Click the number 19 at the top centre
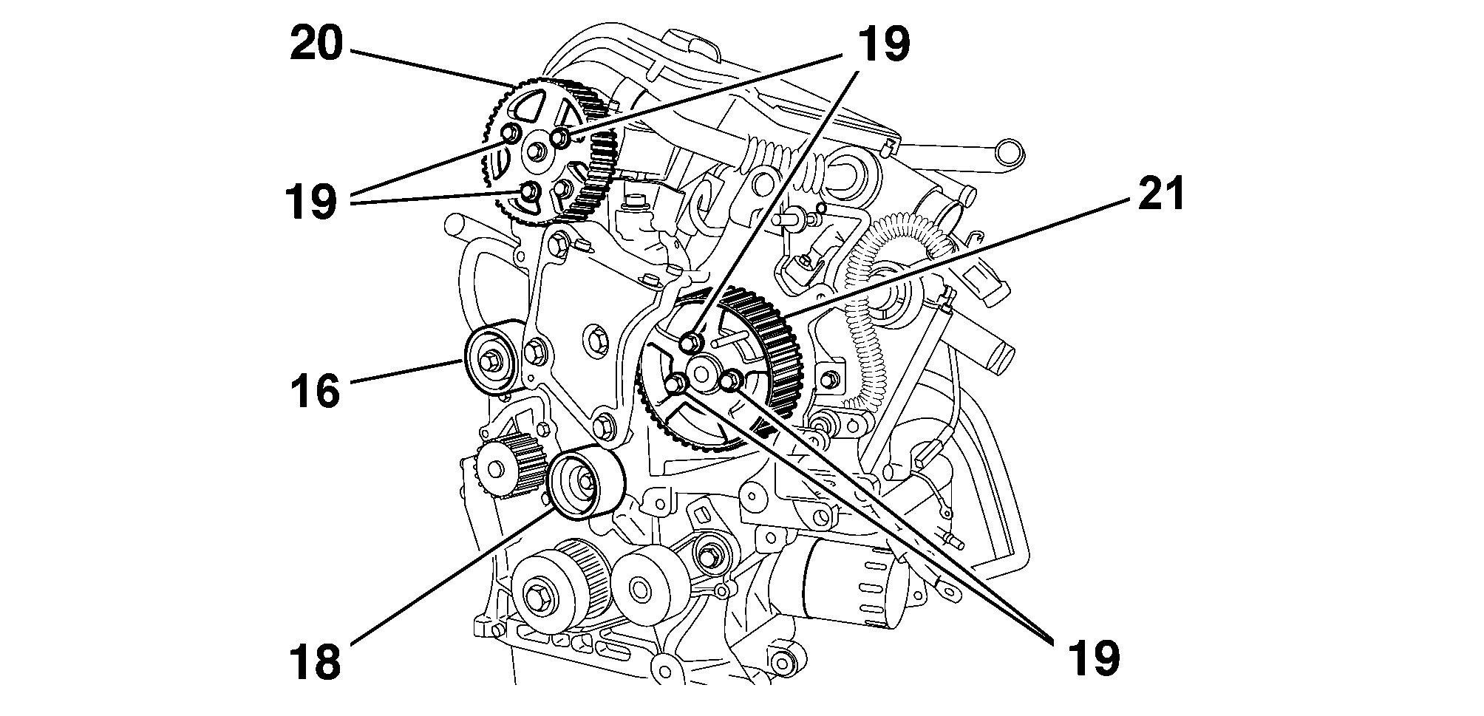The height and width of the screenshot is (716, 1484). [883, 44]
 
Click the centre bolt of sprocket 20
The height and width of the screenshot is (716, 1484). [536, 153]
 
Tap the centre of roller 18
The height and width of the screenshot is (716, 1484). [586, 482]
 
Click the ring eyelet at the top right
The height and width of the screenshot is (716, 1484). [1010, 153]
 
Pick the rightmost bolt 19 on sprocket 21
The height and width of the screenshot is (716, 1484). [730, 381]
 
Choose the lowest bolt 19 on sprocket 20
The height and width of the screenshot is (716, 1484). [528, 191]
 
